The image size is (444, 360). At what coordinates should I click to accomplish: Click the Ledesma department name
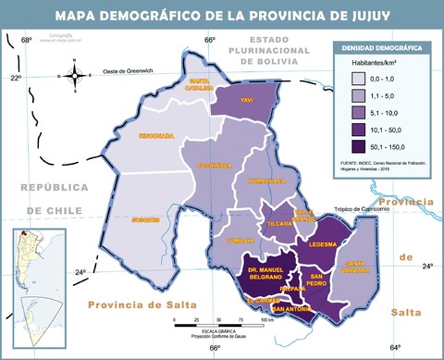click(x=322, y=245)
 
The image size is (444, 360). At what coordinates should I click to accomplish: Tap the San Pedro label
click(x=317, y=279)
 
